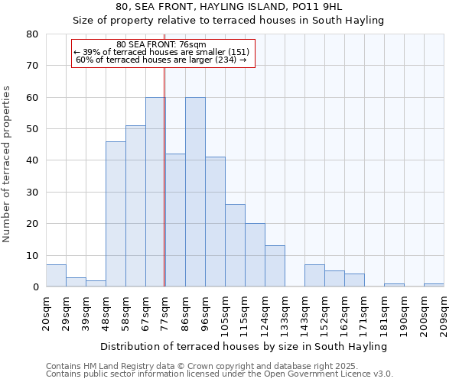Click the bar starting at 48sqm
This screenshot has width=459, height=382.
point(116,214)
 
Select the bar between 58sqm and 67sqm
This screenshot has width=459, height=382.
point(135,206)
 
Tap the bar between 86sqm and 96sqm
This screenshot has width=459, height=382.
point(195,192)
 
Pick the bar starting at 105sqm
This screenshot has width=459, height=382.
point(235,245)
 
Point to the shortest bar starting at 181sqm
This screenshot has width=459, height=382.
point(394,285)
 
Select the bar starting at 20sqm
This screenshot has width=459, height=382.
point(56,276)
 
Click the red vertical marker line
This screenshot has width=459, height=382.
point(164,176)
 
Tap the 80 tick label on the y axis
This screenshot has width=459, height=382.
point(32,34)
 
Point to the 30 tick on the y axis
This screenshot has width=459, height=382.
point(32,193)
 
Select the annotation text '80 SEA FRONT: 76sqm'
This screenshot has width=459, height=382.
point(161,44)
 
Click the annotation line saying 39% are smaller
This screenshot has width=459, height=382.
point(161,52)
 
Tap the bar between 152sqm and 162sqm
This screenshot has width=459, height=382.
point(334,279)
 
